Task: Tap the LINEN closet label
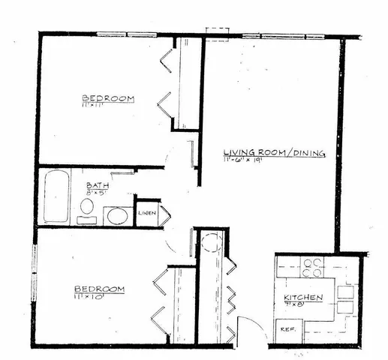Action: pyautogui.click(x=146, y=214)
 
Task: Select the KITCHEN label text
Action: pyautogui.click(x=303, y=298)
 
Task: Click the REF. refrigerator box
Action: pyautogui.click(x=287, y=329)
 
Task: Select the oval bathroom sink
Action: pyautogui.click(x=116, y=217)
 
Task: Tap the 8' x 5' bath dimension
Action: pyautogui.click(x=98, y=193)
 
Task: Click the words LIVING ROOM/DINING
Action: pyautogui.click(x=274, y=152)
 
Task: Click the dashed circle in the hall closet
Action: pyautogui.click(x=212, y=244)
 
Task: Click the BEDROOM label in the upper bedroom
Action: pyautogui.click(x=108, y=98)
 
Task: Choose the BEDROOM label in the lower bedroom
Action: pyautogui.click(x=98, y=289)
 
